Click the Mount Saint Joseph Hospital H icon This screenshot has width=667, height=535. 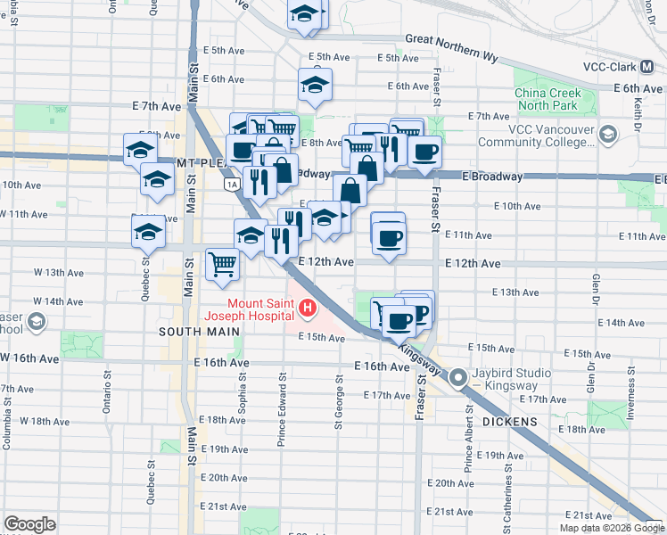(x=308, y=309)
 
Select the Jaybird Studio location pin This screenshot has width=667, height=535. (x=458, y=378)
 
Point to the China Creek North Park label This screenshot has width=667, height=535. (x=548, y=100)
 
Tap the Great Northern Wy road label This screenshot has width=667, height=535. (x=450, y=39)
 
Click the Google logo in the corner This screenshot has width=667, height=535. (x=29, y=524)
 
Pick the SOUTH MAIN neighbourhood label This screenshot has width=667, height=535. (x=199, y=332)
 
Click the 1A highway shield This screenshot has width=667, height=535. (x=232, y=185)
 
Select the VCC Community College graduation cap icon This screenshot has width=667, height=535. (x=608, y=135)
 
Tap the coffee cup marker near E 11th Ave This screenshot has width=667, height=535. (x=388, y=238)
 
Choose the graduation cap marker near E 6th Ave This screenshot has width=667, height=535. (x=314, y=86)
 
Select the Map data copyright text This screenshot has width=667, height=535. (x=611, y=528)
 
